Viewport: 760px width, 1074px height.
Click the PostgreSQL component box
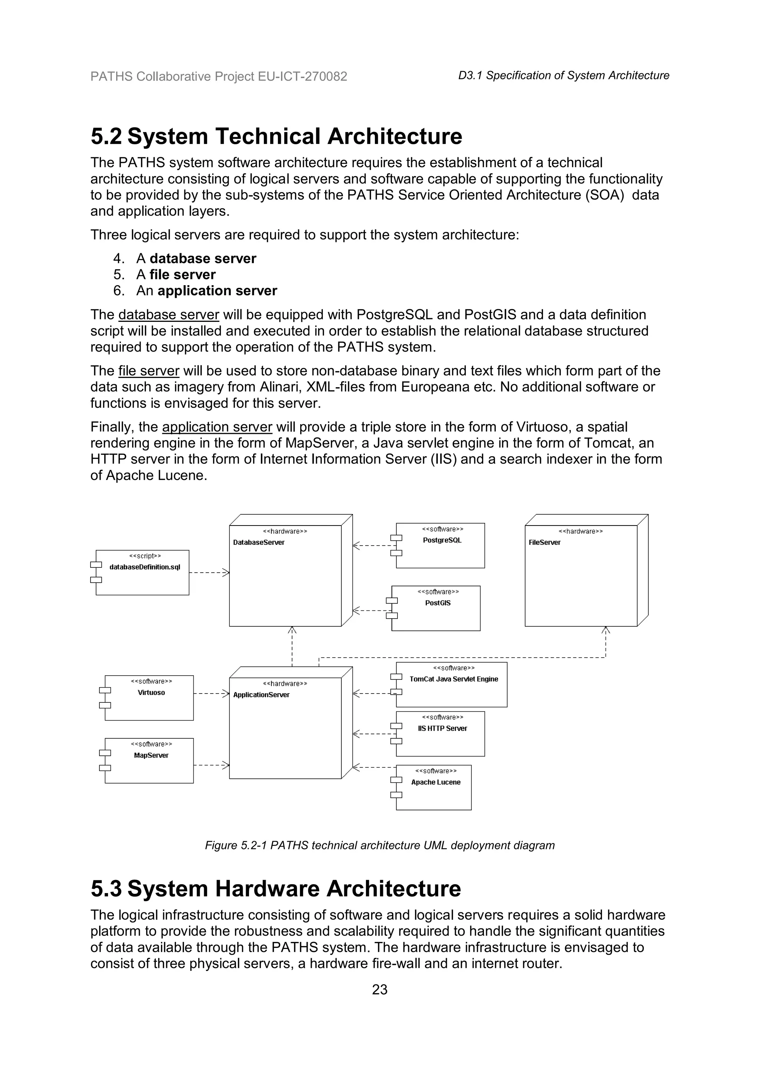[x=440, y=546]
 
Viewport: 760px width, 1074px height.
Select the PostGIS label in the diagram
[x=438, y=603]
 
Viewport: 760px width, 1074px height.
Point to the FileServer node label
[x=544, y=543]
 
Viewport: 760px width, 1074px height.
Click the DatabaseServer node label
[x=259, y=543]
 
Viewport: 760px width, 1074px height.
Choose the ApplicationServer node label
[x=261, y=695]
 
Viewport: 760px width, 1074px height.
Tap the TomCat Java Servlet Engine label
[x=453, y=679]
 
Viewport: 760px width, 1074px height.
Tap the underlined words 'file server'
[x=148, y=371]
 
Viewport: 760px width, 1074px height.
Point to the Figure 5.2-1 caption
[x=380, y=845]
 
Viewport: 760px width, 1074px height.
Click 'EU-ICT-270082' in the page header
[x=302, y=76]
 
